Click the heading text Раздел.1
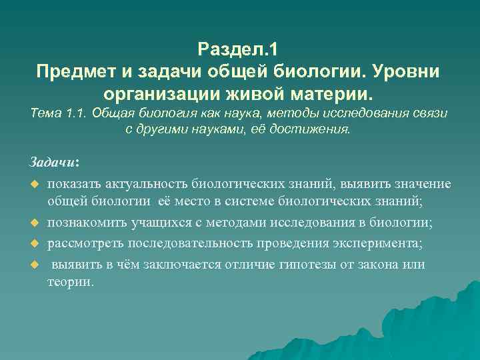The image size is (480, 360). click(240, 49)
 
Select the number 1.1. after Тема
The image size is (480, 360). click(81, 114)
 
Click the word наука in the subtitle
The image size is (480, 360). click(220, 114)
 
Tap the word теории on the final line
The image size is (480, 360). click(71, 282)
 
